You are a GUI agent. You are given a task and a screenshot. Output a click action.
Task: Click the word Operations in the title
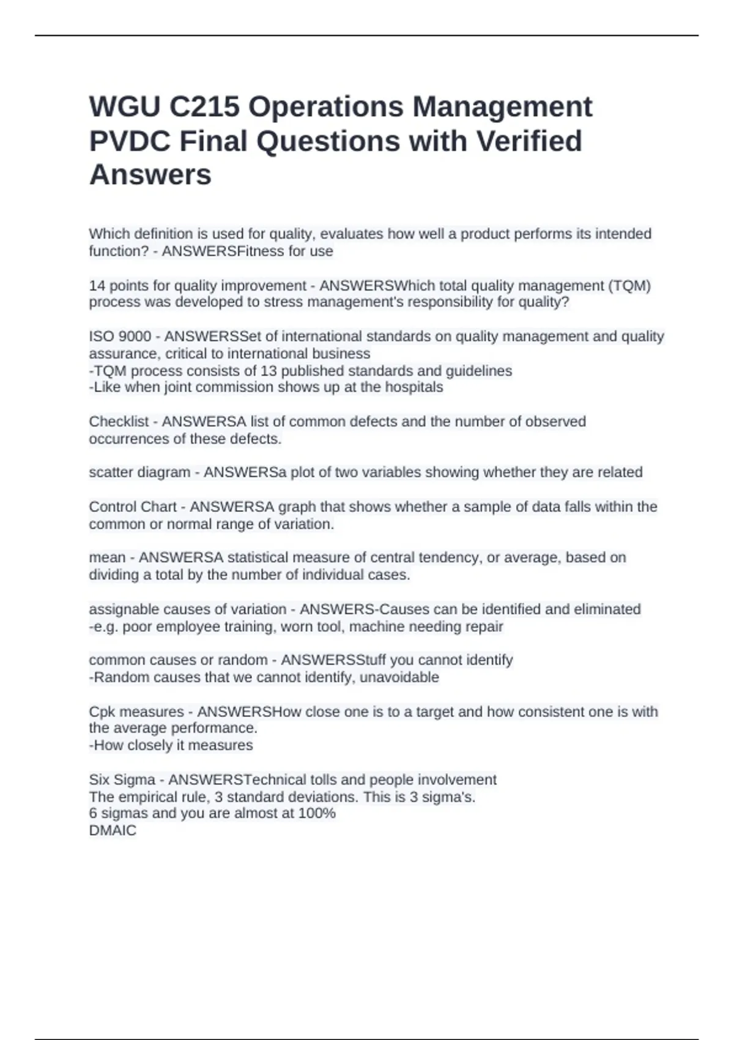(x=325, y=107)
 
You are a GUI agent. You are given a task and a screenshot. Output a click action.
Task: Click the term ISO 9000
(x=120, y=336)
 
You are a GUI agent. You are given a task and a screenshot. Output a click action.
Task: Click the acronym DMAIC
(x=113, y=830)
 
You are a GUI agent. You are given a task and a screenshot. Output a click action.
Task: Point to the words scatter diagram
(x=139, y=472)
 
